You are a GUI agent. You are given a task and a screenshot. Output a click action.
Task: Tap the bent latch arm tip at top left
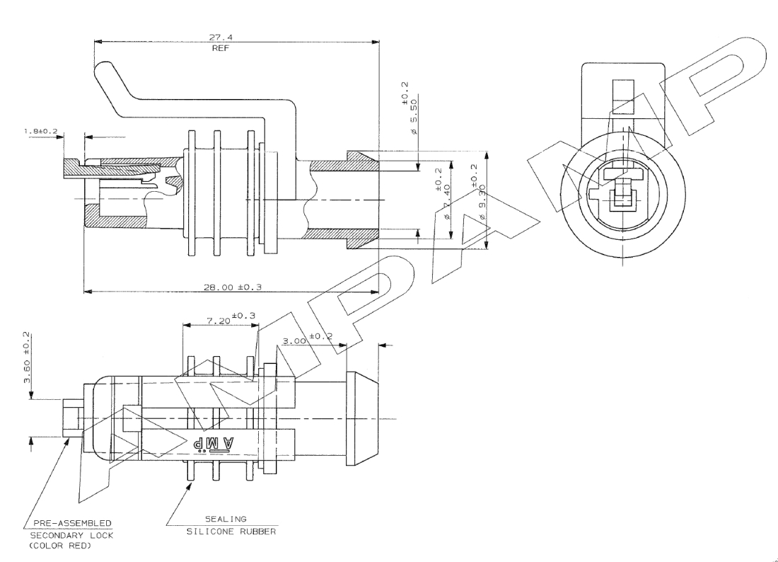click(103, 71)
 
